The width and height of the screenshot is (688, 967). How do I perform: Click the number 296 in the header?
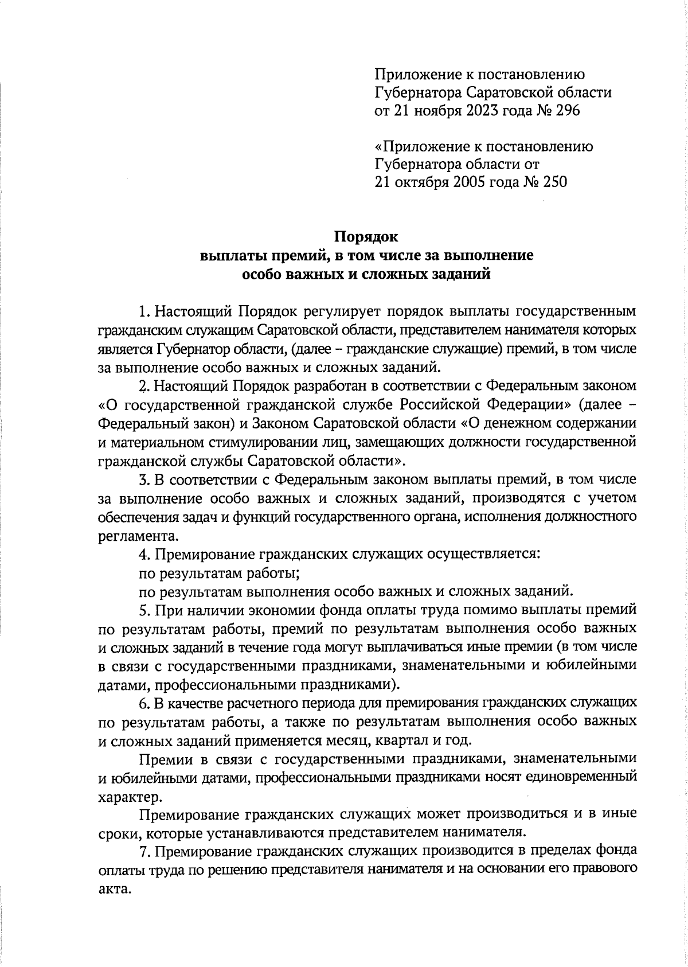(x=568, y=111)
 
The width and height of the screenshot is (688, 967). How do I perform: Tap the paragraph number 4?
(x=143, y=555)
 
